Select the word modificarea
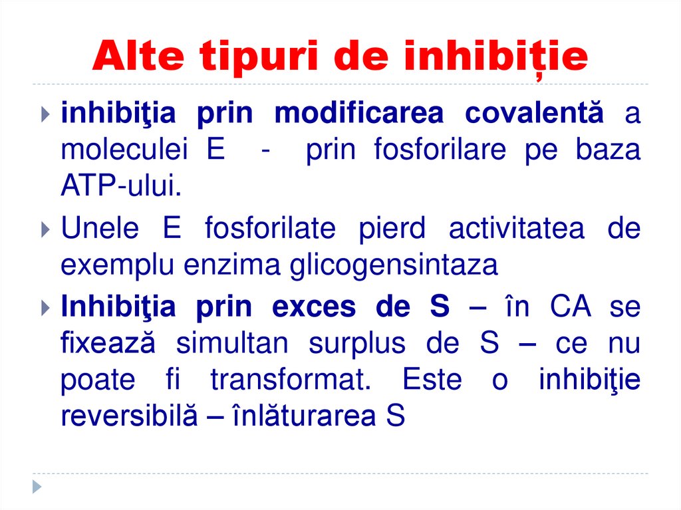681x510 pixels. point(358,113)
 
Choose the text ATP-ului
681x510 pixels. point(120,187)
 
